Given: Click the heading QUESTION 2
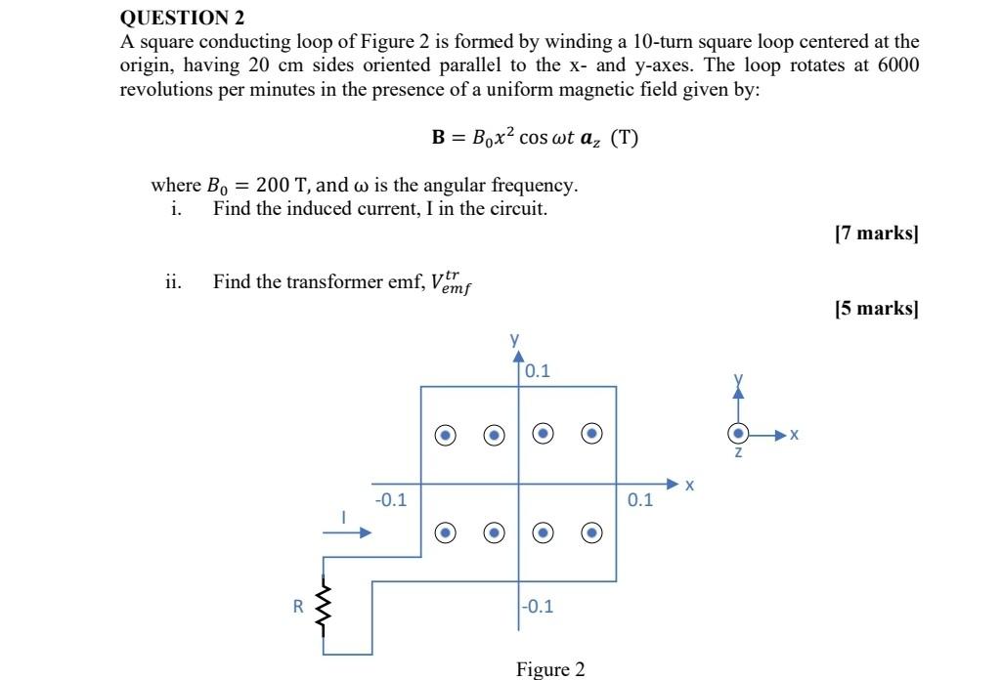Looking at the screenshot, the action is (x=182, y=18).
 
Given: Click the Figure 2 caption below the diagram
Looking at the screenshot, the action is (x=550, y=669).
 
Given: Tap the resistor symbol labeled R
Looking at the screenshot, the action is (x=323, y=606).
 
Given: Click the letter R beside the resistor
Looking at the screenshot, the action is (x=299, y=606).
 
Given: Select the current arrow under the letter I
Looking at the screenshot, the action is (x=347, y=532).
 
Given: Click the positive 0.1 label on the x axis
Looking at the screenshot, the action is (x=640, y=500).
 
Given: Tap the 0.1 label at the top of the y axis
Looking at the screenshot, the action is (x=538, y=371).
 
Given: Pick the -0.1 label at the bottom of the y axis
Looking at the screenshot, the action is (x=537, y=606).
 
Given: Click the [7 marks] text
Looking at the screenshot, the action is (x=877, y=234).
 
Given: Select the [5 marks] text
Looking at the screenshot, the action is (x=877, y=309).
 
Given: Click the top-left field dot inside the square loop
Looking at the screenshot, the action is (x=446, y=434).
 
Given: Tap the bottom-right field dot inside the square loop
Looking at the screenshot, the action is (x=591, y=532).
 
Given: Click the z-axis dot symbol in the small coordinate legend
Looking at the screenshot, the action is (x=739, y=433).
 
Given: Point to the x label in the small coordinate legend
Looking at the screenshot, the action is (x=795, y=434).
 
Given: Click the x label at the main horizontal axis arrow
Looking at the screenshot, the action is (x=689, y=485).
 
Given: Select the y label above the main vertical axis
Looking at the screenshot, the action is (x=514, y=339).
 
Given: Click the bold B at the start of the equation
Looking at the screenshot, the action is (x=439, y=138).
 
